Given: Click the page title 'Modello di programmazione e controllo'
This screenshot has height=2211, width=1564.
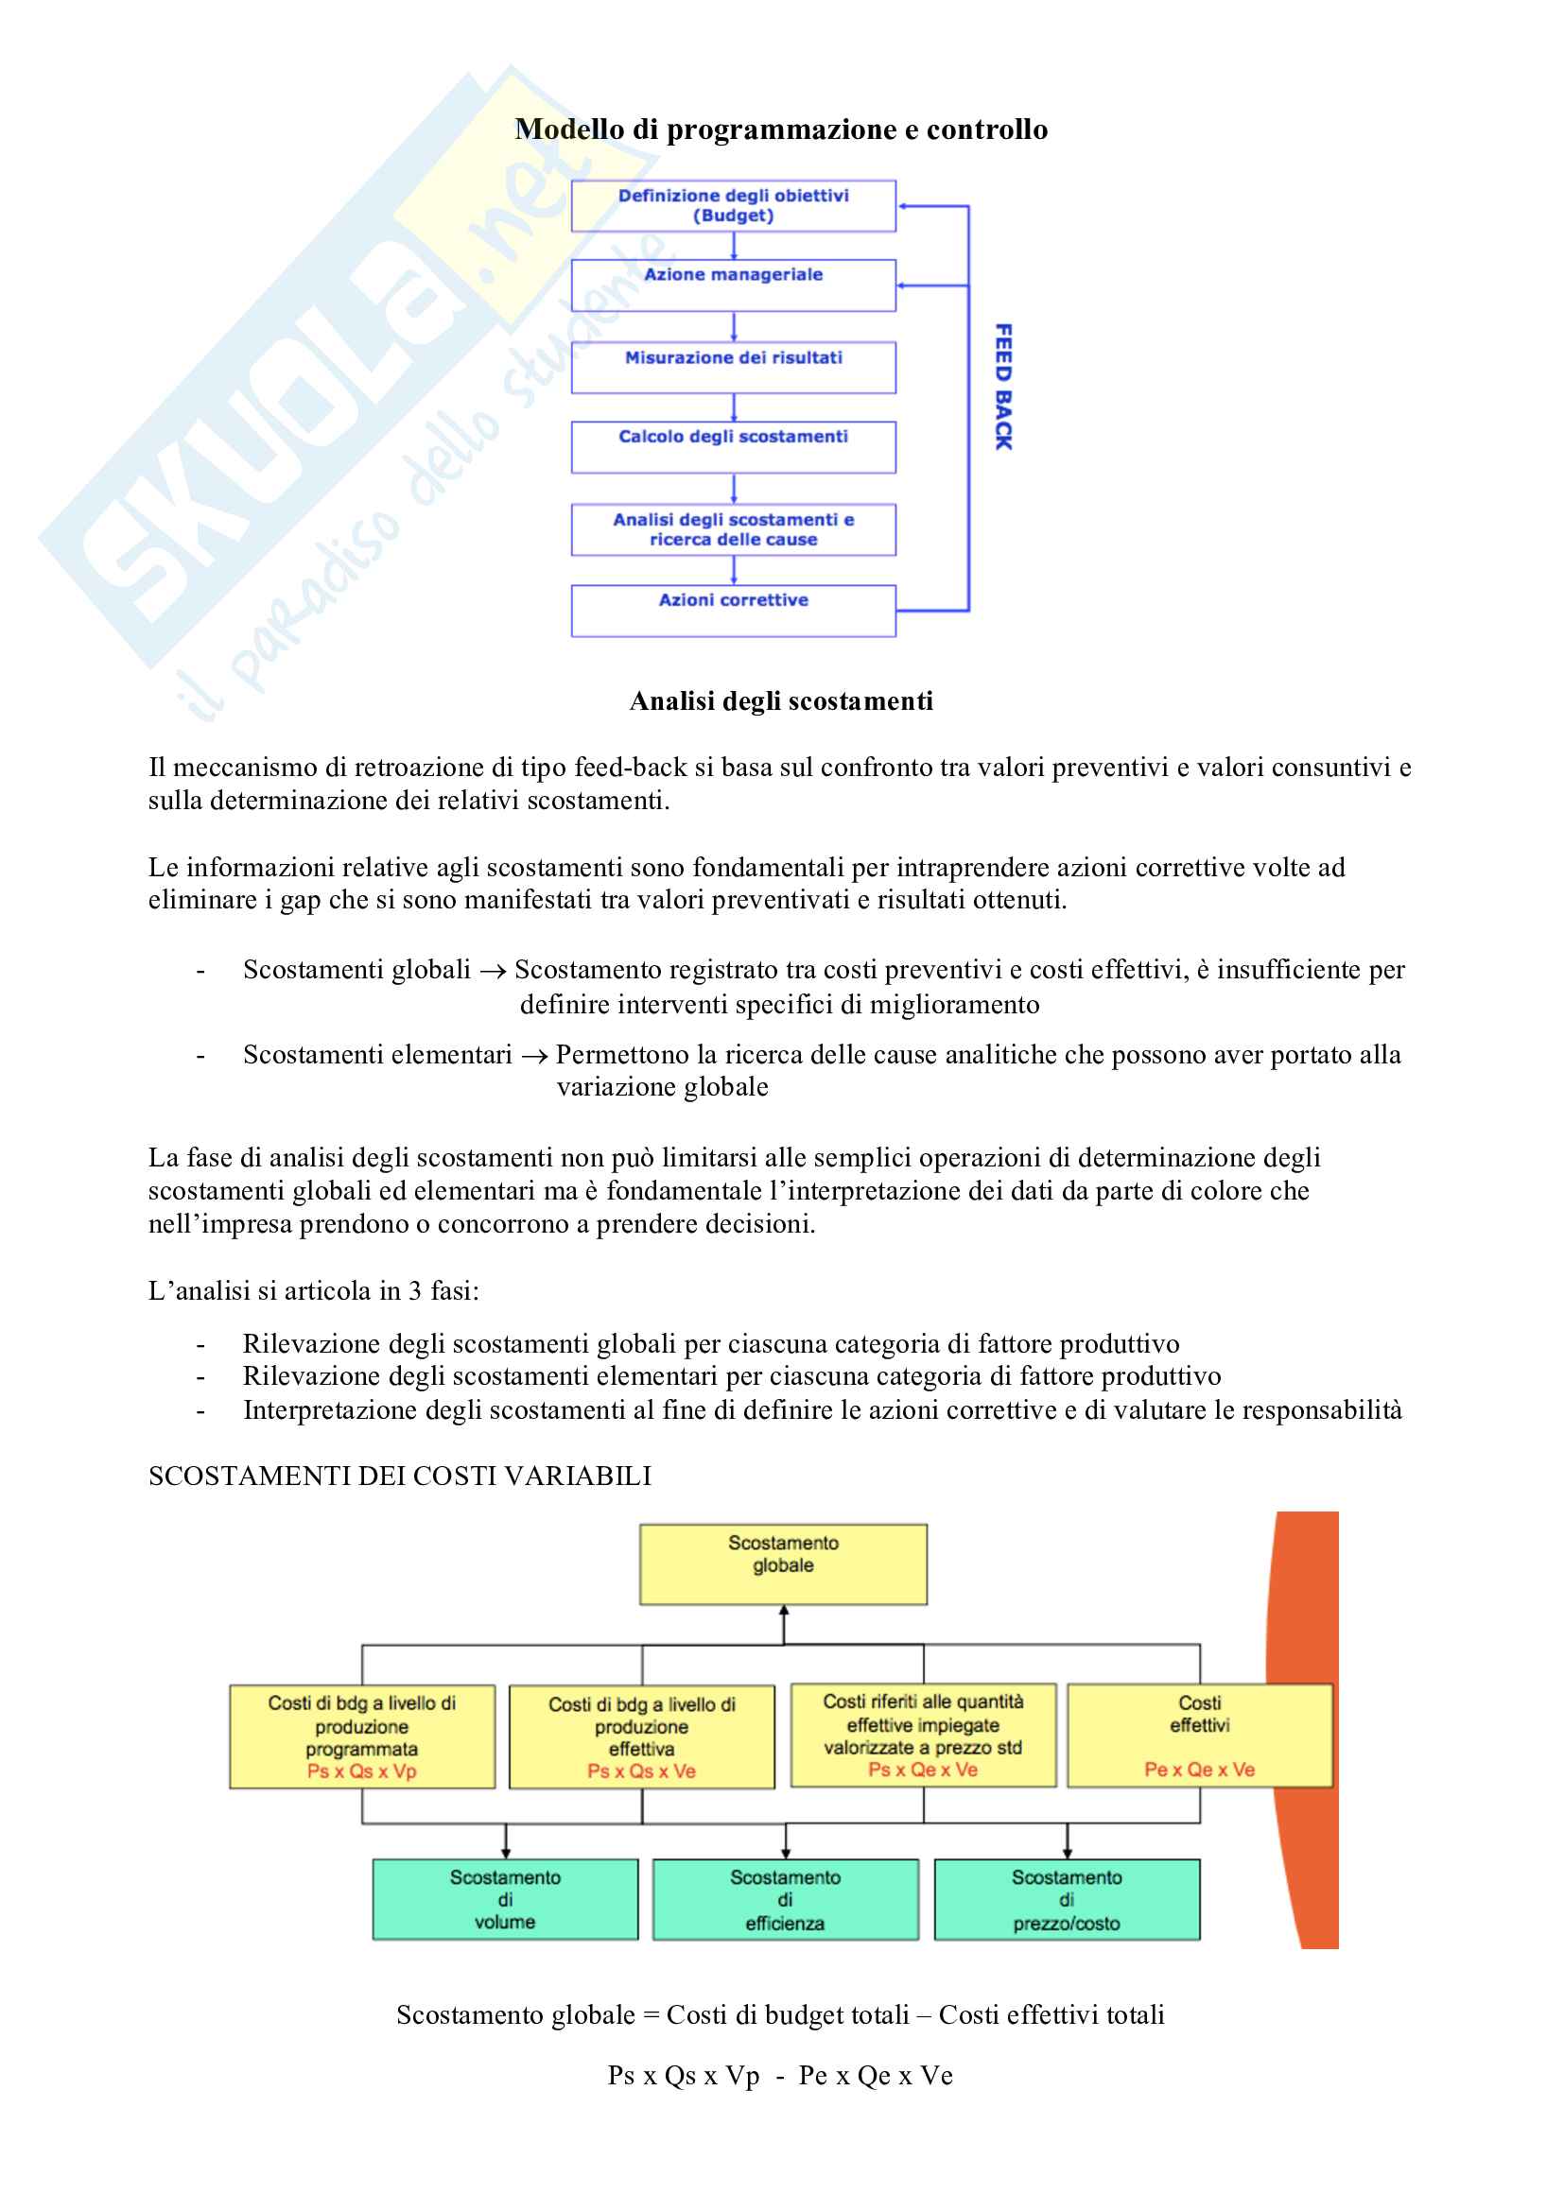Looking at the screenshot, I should pos(781,130).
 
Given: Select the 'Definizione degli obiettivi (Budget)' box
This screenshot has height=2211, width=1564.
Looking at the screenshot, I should pos(733,205).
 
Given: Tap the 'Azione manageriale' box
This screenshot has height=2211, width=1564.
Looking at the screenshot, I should pos(733,285).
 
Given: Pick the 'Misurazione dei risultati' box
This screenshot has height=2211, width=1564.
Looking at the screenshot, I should pos(733,366).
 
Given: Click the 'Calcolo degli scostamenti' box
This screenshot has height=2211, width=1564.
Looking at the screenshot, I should pos(733,446).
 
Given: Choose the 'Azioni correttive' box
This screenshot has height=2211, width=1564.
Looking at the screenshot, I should pos(733,610).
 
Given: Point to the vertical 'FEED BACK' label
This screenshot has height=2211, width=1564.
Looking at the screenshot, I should pos(1003,387).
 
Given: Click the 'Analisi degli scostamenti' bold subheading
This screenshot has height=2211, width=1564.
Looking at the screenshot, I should pos(781,701).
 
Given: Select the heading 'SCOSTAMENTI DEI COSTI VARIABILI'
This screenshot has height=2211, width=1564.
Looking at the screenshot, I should pos(400,1476).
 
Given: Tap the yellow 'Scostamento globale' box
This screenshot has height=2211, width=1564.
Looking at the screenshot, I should pos(783,1563).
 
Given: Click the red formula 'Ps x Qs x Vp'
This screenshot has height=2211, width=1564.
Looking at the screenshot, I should pos(362,1771).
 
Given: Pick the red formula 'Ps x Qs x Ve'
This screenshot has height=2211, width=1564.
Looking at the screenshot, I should pos(641,1771).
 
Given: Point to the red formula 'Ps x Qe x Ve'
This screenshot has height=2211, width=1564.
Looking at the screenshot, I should pos(923,1769).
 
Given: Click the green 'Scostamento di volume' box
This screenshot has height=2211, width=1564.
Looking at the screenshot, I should pos(505,1899).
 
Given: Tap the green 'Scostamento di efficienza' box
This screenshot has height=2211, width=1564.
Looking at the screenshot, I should pos(785,1899).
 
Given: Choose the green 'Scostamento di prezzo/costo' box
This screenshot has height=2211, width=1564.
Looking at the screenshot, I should pos(1066,1899).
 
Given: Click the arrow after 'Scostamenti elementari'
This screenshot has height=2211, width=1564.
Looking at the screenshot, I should pos(534,1057).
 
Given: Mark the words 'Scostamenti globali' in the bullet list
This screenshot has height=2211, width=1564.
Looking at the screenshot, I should pos(356,970).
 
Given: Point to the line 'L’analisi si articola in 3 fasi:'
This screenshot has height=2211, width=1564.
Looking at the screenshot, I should pos(314,1290).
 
